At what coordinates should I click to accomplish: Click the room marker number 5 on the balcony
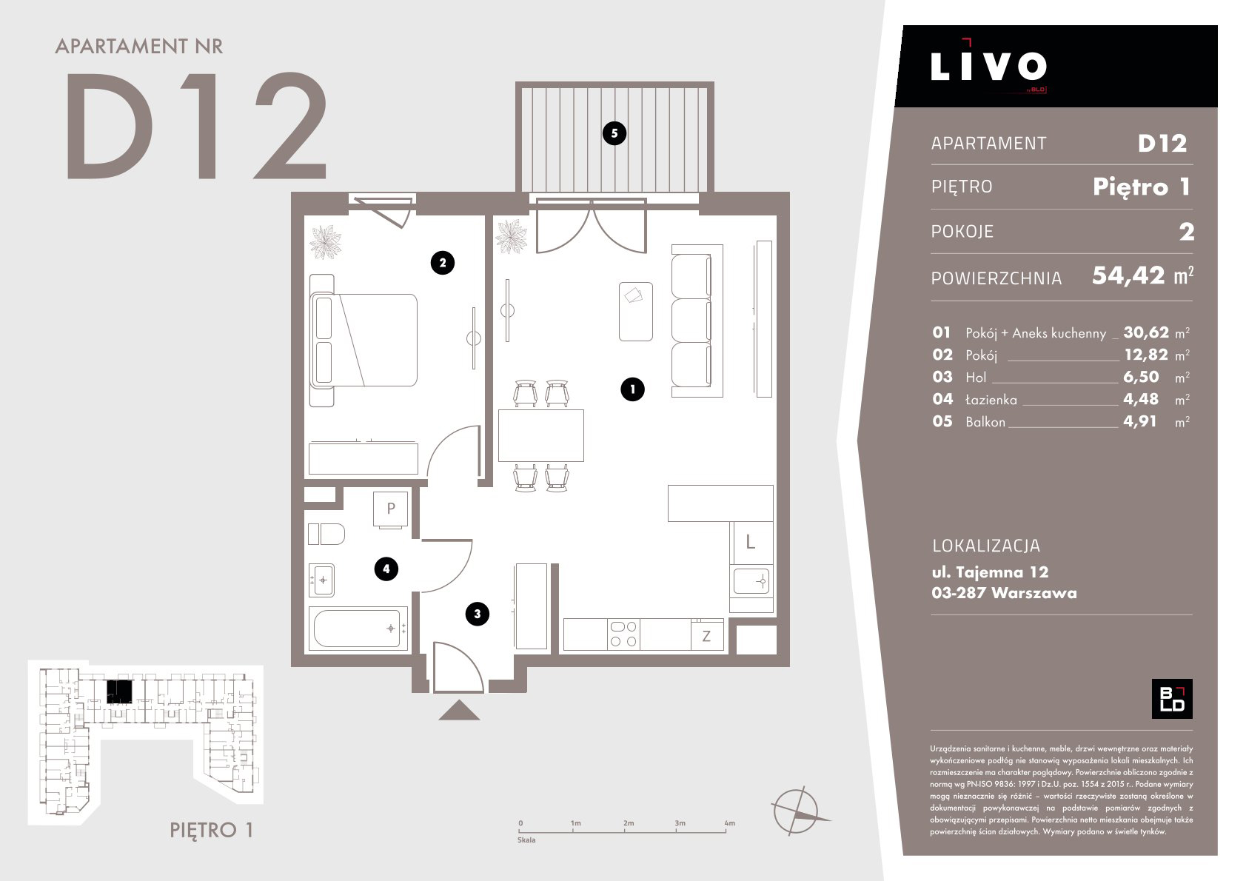(x=614, y=133)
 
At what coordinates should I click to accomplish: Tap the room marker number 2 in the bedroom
(x=443, y=263)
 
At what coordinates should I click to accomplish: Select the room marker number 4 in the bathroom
(x=386, y=569)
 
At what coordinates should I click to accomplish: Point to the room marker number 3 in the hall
(x=478, y=614)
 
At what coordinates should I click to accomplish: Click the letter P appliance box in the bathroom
(x=390, y=509)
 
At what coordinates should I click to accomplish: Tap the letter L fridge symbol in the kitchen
(x=751, y=542)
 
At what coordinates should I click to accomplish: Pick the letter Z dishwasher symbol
(x=706, y=636)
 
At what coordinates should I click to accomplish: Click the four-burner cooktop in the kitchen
(x=623, y=634)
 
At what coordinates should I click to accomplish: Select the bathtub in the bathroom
(x=358, y=629)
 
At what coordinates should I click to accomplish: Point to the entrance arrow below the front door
(x=459, y=710)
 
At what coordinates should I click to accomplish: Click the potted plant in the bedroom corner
(x=326, y=242)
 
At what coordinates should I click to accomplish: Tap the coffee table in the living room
(x=636, y=312)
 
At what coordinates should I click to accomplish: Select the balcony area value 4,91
(x=1139, y=421)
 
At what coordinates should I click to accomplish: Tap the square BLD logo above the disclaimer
(x=1172, y=699)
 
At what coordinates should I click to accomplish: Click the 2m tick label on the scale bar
(x=629, y=823)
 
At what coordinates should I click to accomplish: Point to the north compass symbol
(x=797, y=811)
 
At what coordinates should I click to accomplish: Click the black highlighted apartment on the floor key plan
(x=119, y=691)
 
